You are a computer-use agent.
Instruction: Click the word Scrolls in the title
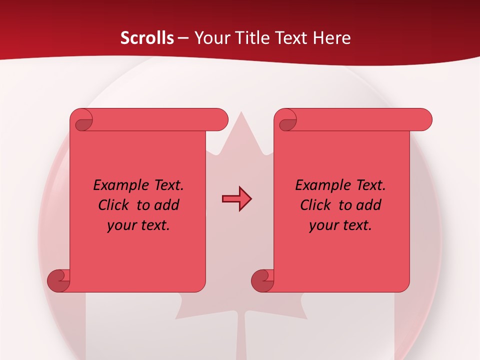(147, 38)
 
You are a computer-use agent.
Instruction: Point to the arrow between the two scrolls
(236, 199)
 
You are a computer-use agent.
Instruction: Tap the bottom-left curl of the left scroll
(58, 280)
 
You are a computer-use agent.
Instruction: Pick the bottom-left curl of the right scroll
(262, 280)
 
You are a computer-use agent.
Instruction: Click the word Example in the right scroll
(320, 185)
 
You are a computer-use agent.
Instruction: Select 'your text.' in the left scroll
(138, 225)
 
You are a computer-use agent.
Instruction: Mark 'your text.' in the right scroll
(340, 225)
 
